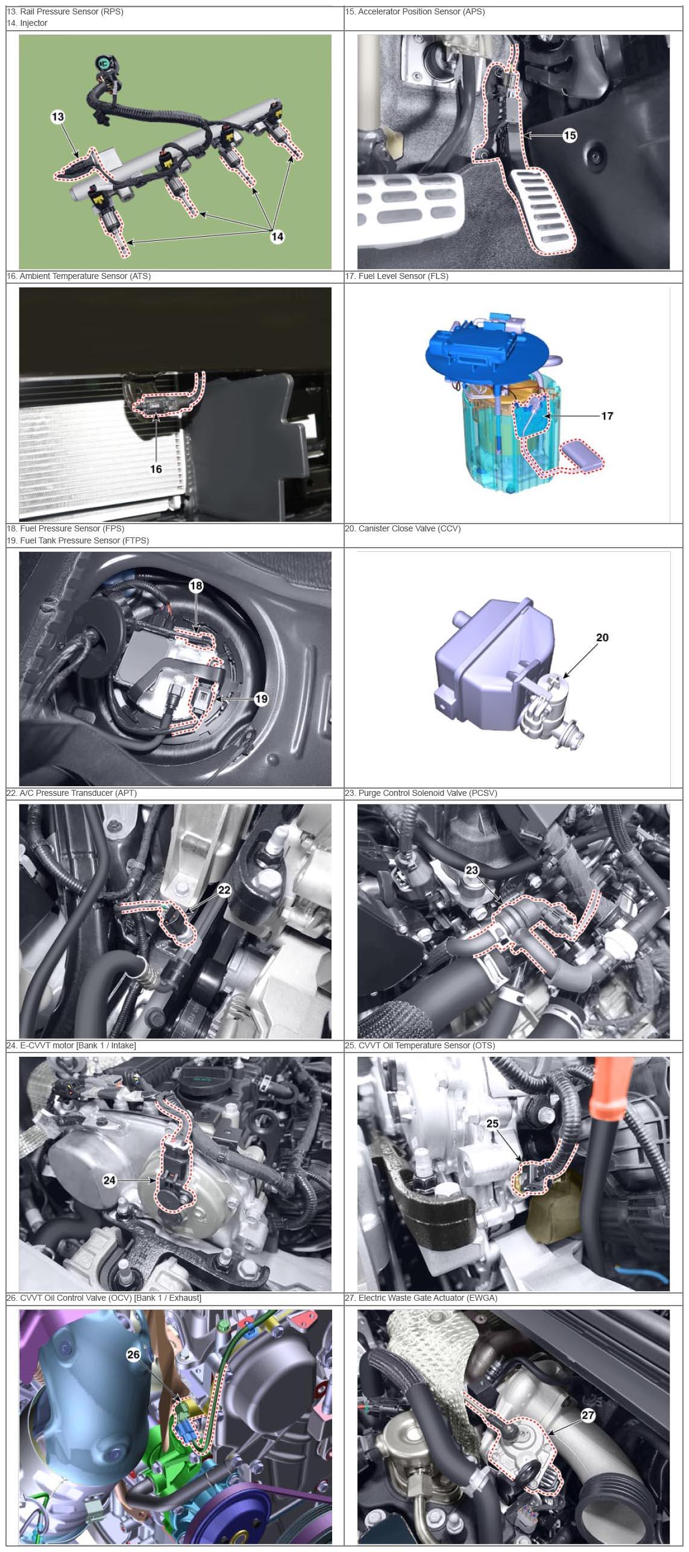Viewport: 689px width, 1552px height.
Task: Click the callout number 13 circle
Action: coord(58,117)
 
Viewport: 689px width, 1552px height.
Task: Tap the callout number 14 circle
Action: coord(277,237)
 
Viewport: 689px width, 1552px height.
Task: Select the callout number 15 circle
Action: coord(569,136)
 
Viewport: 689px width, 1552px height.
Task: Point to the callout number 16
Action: coord(156,469)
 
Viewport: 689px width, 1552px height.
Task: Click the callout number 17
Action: coord(607,416)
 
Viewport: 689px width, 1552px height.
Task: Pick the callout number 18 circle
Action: coord(196,586)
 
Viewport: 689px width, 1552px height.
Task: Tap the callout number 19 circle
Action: coord(261,699)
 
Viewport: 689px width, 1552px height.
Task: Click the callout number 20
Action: coord(602,637)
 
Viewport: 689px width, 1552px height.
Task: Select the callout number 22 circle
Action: coord(224,890)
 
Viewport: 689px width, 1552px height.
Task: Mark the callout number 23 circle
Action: coord(471,869)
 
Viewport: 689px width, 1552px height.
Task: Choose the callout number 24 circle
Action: coord(109,1180)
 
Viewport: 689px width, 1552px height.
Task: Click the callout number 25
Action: coord(492,1124)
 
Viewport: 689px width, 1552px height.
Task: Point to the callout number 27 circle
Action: coord(588,1415)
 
